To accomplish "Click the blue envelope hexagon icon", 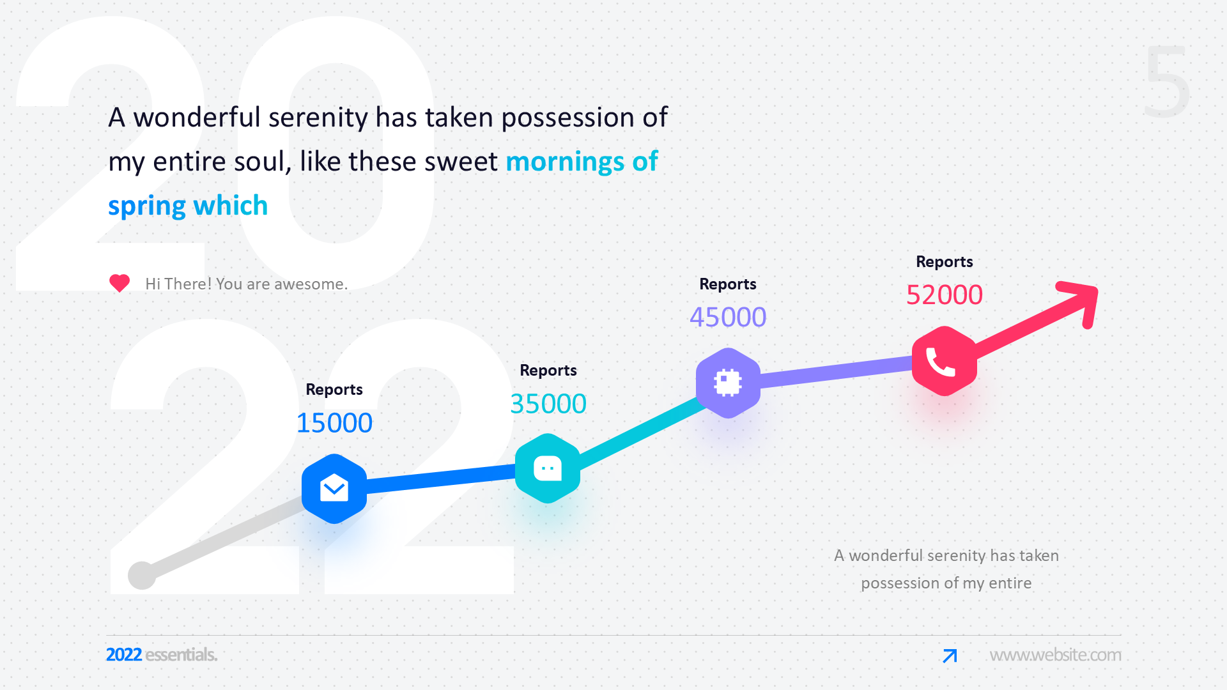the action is point(334,489).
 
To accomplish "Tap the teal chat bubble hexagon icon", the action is point(548,468).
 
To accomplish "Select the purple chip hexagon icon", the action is point(728,383).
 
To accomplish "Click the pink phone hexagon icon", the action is point(945,361).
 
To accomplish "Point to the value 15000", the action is point(334,423).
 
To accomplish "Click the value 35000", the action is point(548,404).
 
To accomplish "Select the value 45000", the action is point(728,317).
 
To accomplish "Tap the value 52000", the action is point(945,295).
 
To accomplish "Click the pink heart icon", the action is point(120,283).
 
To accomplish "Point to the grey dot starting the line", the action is point(142,575).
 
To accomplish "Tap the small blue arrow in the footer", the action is point(950,655).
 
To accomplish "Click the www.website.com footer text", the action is point(1055,655).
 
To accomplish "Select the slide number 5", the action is point(1167,82).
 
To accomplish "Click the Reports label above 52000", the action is point(945,261).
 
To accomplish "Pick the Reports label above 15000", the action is point(334,389).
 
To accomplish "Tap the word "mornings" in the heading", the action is point(565,162).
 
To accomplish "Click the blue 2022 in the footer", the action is point(124,655).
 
